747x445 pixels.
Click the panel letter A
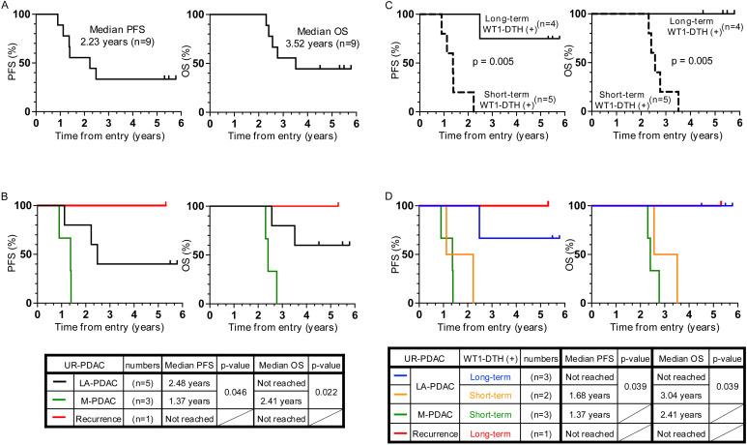coord(7,7)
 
